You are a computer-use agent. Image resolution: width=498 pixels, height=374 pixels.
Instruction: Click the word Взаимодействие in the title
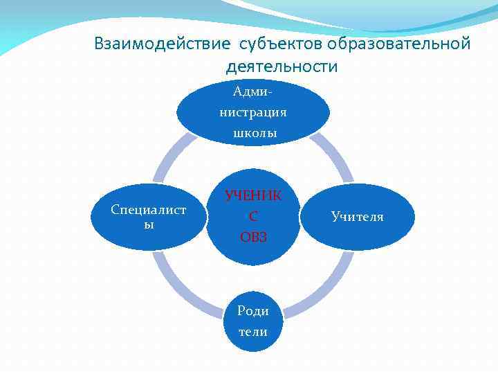tap(163, 44)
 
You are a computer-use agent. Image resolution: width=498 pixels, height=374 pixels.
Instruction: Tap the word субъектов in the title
tap(281, 44)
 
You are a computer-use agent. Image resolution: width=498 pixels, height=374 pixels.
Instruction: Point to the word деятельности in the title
tap(282, 66)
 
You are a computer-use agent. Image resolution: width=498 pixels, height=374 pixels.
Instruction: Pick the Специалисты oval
tap(149, 217)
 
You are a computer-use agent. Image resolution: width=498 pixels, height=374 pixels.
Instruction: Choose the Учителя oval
tap(358, 217)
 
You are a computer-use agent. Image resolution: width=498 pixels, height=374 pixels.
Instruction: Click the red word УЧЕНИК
tap(253, 195)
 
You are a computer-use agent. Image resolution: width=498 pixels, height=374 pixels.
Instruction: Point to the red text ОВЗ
tap(253, 237)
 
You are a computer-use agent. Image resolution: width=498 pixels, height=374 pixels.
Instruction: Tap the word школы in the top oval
tap(253, 133)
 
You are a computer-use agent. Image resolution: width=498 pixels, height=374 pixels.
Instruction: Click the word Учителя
tap(357, 217)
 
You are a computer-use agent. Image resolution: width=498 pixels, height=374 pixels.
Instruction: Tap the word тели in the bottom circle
tap(253, 332)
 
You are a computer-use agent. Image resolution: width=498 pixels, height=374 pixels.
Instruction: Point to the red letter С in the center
tap(253, 216)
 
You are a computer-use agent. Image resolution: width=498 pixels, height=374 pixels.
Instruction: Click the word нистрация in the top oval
tap(253, 112)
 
